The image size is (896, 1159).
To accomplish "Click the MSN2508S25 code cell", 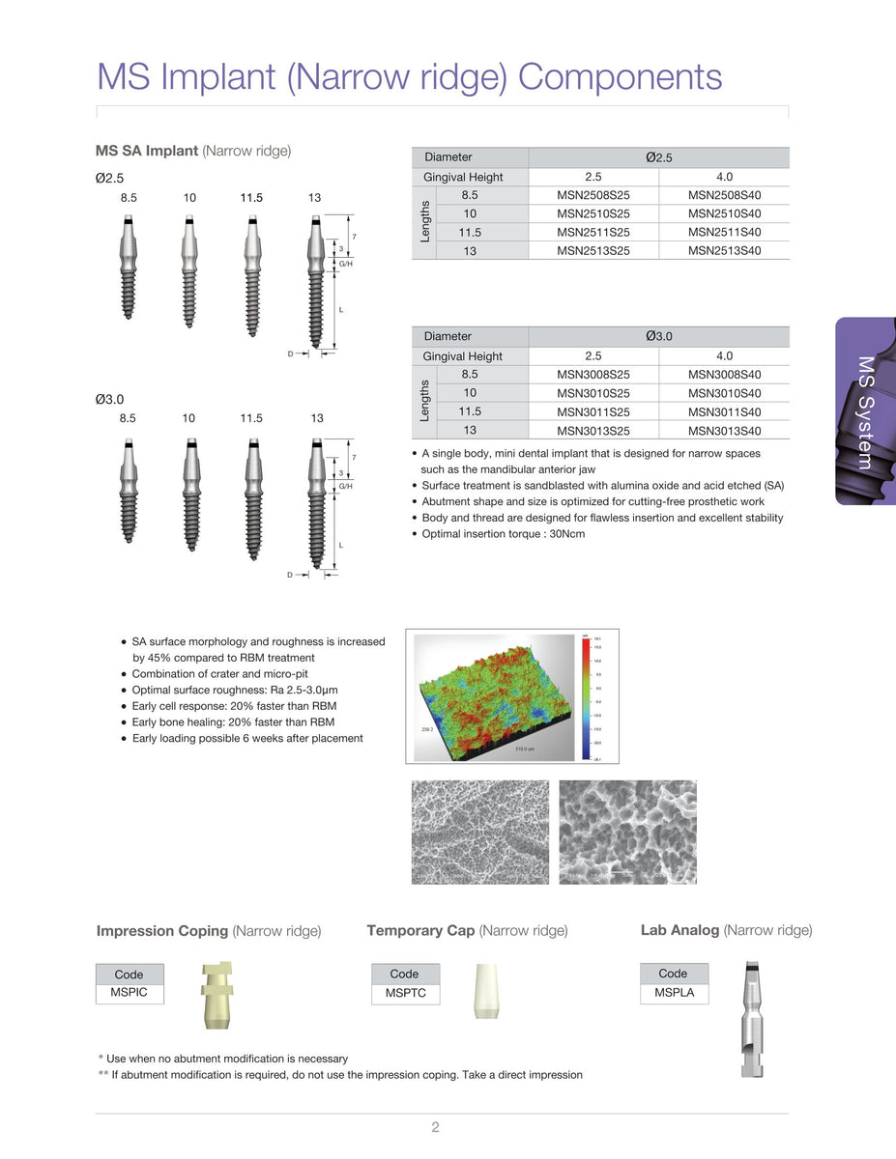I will click(x=593, y=195).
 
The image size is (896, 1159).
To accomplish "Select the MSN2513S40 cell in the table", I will click(x=724, y=251).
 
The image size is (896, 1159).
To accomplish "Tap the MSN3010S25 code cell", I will click(x=593, y=393).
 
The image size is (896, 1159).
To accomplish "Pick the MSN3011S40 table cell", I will click(x=724, y=412).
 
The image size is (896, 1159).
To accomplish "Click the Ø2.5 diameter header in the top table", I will click(x=658, y=157).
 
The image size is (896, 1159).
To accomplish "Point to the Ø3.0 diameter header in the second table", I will click(x=658, y=336).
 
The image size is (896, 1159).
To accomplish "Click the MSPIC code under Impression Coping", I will click(x=130, y=993).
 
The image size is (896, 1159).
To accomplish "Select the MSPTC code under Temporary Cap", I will click(x=405, y=993).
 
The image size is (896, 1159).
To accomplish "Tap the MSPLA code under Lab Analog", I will click(x=674, y=993).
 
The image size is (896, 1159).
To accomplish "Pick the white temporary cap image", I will click(x=486, y=990).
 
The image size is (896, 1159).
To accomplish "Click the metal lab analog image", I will click(x=750, y=1019).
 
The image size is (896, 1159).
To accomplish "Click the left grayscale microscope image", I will click(x=479, y=832).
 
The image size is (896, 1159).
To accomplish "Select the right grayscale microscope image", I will click(x=627, y=832).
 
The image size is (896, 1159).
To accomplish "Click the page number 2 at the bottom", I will click(x=436, y=1127).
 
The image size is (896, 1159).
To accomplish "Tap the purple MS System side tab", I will click(x=865, y=411).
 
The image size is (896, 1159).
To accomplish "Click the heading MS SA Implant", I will click(x=147, y=151).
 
